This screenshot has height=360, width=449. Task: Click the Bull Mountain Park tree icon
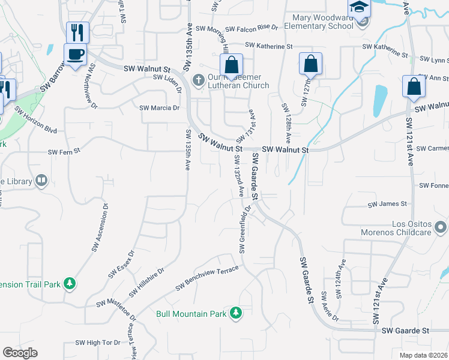coord(237,313)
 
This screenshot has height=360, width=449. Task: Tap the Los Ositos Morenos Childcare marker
coord(442,227)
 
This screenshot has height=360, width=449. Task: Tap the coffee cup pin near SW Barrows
coord(76,55)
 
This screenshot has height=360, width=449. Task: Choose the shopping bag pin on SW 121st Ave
coord(414,87)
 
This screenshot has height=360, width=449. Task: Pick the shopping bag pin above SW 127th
coord(310,64)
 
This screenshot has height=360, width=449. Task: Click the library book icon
coord(41,180)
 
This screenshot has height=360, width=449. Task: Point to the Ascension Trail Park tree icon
coord(70,283)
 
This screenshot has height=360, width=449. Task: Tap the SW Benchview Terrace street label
coord(207,278)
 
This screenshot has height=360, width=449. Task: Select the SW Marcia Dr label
coord(159,108)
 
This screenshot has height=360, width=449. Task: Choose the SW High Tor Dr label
coord(98,342)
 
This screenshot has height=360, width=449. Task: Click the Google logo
coord(20,353)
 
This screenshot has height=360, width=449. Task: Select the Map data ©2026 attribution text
coord(423,355)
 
